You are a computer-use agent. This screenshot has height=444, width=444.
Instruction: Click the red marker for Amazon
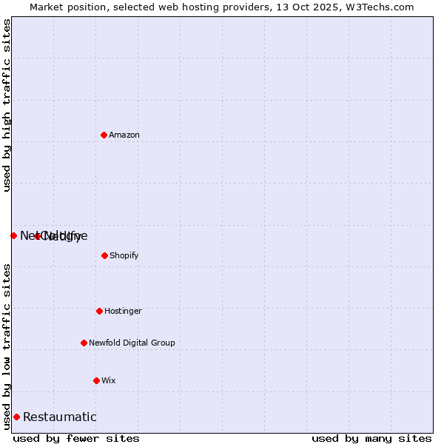(x=104, y=135)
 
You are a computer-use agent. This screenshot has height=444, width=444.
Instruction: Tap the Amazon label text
(x=124, y=135)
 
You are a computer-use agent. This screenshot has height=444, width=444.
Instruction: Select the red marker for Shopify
(x=104, y=255)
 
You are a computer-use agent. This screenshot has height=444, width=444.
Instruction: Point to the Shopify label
(x=124, y=256)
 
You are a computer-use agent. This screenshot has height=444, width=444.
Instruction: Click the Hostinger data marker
(x=99, y=311)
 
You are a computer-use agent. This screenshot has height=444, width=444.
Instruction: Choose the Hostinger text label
(x=123, y=312)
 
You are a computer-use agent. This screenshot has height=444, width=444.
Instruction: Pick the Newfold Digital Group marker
(x=84, y=343)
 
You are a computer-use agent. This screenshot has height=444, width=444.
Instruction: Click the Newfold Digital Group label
(x=132, y=343)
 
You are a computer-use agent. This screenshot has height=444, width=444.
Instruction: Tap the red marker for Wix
(x=96, y=380)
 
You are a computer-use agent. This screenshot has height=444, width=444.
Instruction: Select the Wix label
(x=109, y=381)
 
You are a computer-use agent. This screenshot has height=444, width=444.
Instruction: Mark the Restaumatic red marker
(x=16, y=417)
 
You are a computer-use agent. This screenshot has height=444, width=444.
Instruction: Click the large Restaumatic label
(x=60, y=417)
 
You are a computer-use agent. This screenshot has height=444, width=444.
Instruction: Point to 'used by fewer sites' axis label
(x=76, y=438)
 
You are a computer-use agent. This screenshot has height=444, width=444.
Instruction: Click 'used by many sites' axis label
(x=371, y=438)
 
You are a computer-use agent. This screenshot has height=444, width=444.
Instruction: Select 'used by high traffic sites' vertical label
(x=7, y=106)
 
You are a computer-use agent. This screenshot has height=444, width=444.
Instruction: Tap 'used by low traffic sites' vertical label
(x=7, y=346)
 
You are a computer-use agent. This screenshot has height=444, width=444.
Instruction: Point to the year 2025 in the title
(x=332, y=7)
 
